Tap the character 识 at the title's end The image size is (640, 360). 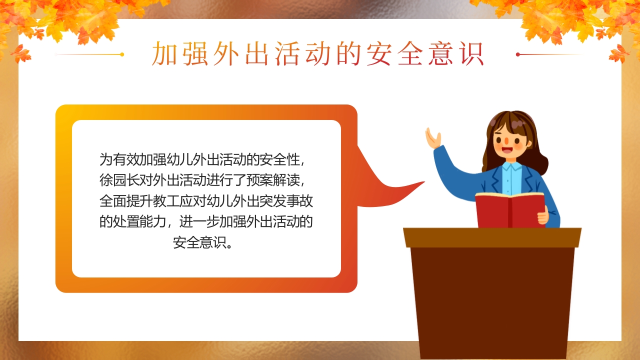[472, 54]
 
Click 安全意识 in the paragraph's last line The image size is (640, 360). [200, 242]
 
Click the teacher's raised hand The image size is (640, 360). [432, 137]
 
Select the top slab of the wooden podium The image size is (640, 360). [492, 237]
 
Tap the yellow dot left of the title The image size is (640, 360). [122, 54]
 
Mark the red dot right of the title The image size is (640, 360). [518, 54]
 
